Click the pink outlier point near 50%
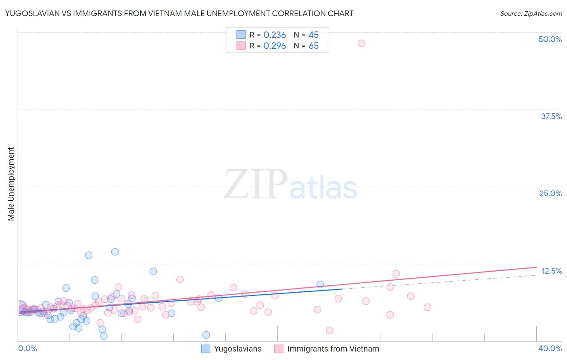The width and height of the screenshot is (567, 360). tap(361, 43)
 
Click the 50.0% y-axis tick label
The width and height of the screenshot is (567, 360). tap(550, 39)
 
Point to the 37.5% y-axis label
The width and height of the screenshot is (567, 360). tap(551, 116)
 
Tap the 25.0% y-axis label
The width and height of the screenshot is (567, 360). tap(550, 193)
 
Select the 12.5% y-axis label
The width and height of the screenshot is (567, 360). tap(551, 271)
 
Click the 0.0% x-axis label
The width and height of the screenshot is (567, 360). tap(27, 348)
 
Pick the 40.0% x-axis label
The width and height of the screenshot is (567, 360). tap(550, 348)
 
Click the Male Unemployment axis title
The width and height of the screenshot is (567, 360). tap(11, 184)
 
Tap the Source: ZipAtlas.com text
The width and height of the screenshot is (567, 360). tap(531, 14)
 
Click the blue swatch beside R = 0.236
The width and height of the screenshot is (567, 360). tap(241, 35)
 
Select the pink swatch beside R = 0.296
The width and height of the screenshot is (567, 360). tap(241, 46)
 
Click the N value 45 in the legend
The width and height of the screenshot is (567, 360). tap(313, 35)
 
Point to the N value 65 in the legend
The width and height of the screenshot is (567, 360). tap(313, 46)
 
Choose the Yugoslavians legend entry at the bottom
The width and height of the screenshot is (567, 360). tap(238, 349)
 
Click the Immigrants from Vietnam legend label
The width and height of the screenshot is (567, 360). tap(333, 349)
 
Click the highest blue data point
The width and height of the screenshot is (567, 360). tap(115, 252)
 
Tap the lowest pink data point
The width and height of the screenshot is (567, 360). tap(329, 331)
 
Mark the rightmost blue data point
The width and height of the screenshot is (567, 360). tap(320, 285)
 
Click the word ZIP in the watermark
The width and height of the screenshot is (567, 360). tap(256, 184)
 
